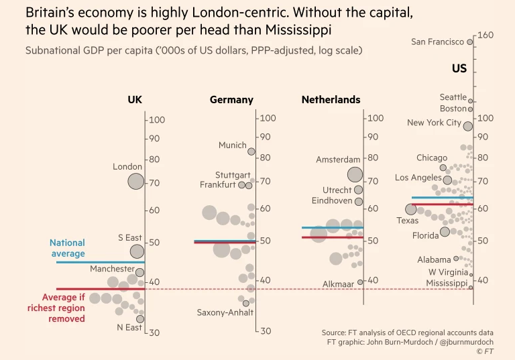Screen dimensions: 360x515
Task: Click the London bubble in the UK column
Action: [136, 181]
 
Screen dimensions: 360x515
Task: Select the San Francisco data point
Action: [470, 42]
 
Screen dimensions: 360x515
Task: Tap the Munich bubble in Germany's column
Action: [251, 152]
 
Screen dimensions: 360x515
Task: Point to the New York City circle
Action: [468, 126]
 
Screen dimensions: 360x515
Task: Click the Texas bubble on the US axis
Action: [411, 209]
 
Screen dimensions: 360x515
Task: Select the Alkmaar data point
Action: [360, 282]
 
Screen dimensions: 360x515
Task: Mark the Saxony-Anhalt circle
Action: [246, 303]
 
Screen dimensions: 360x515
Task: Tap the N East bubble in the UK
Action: [140, 319]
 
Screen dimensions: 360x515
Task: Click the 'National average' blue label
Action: [67, 248]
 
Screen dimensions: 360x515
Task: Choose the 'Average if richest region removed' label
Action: [56, 308]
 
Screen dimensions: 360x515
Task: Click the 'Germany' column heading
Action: [231, 100]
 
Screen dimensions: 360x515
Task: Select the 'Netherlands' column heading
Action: [331, 100]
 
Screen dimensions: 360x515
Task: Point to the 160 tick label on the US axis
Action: [485, 35]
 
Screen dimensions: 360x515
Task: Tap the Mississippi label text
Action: [446, 284]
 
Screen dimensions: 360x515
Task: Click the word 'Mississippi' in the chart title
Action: [299, 30]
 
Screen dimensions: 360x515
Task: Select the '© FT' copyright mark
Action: [484, 351]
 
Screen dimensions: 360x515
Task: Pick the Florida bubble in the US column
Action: [445, 232]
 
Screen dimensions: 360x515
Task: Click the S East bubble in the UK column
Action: [137, 251]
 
